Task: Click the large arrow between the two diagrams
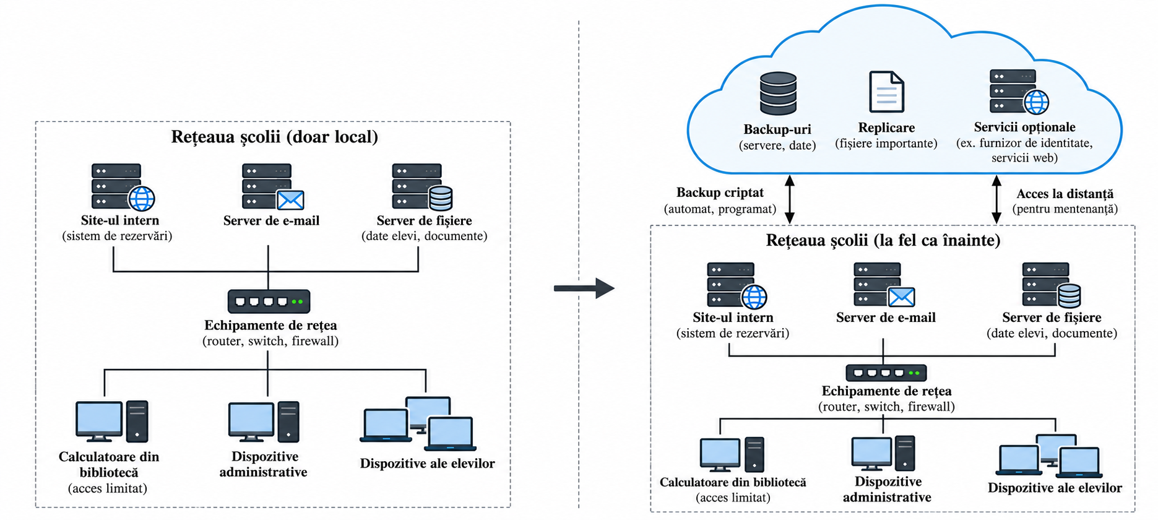point(584,288)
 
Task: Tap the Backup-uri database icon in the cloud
point(778,93)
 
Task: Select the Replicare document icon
point(886,92)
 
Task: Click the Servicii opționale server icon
point(1019,92)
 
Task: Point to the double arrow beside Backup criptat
point(789,199)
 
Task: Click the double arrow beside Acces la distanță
point(996,199)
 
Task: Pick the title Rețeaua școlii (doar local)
point(274,137)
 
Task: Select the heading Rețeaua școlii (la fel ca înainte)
point(883,240)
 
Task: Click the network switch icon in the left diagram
point(269,301)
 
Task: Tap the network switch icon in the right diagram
point(886,373)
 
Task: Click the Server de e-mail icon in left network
point(273,187)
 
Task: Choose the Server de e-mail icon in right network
point(884,285)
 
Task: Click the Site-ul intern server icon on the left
point(123,187)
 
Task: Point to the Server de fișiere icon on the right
point(1052,285)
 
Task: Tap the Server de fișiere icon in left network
point(423,187)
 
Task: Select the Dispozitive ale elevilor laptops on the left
point(418,424)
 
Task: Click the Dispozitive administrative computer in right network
point(883,453)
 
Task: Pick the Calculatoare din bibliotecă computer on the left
point(111,422)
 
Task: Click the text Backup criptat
point(720,193)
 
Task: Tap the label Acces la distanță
point(1065,194)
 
